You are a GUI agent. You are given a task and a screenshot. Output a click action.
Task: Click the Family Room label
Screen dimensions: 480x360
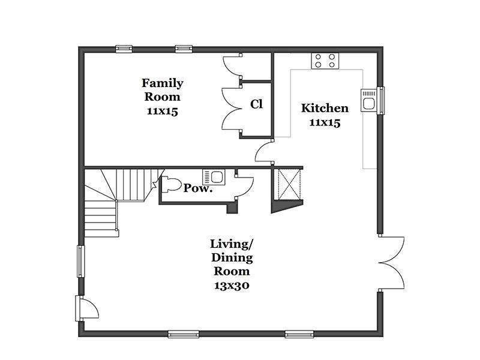pyautogui.click(x=162, y=89)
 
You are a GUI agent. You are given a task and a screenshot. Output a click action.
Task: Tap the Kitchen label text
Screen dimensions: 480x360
pyautogui.click(x=325, y=108)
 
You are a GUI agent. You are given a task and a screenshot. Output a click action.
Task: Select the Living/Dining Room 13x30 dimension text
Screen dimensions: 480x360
pyautogui.click(x=232, y=286)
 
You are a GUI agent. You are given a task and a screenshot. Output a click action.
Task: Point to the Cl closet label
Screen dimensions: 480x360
pyautogui.click(x=256, y=104)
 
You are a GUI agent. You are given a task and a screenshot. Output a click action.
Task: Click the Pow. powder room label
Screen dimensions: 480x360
pyautogui.click(x=198, y=188)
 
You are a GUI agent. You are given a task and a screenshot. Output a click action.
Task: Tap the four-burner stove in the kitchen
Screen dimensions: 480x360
pyautogui.click(x=325, y=61)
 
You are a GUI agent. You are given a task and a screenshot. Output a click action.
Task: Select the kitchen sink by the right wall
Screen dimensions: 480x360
pyautogui.click(x=368, y=100)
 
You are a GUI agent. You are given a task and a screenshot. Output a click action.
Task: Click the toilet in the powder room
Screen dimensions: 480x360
pyautogui.click(x=172, y=185)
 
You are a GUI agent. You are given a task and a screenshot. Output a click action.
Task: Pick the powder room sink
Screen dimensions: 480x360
pyautogui.click(x=214, y=177)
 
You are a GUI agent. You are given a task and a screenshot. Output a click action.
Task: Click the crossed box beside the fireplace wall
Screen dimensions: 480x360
pyautogui.click(x=288, y=184)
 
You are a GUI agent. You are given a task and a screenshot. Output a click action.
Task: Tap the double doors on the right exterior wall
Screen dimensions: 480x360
pyautogui.click(x=391, y=263)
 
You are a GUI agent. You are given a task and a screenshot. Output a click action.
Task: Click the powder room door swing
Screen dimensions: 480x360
pyautogui.click(x=244, y=187)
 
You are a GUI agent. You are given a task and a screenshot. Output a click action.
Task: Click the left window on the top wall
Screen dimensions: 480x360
pyautogui.click(x=124, y=49)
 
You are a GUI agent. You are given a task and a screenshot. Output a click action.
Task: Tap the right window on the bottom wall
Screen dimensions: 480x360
pyautogui.click(x=299, y=334)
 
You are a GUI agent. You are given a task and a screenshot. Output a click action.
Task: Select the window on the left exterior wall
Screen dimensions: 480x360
pyautogui.click(x=80, y=261)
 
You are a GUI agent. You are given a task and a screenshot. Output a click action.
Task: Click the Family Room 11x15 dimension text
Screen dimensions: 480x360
pyautogui.click(x=162, y=111)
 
